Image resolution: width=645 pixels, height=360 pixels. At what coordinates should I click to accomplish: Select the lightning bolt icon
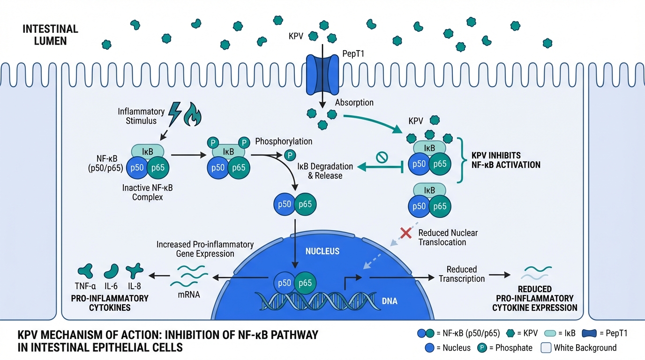pos(176,114)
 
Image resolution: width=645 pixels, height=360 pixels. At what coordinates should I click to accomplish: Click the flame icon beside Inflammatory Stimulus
pos(192,114)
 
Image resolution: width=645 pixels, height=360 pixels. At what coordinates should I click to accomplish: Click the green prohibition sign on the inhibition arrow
pos(382,158)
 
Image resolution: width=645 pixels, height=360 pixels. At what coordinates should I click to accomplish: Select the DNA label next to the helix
pos(390,301)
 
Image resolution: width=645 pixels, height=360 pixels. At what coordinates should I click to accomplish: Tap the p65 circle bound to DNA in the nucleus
pos(305,283)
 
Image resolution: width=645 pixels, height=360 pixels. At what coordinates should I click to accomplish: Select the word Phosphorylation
pos(284,141)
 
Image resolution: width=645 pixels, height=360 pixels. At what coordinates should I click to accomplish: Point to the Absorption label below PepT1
pos(354,103)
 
